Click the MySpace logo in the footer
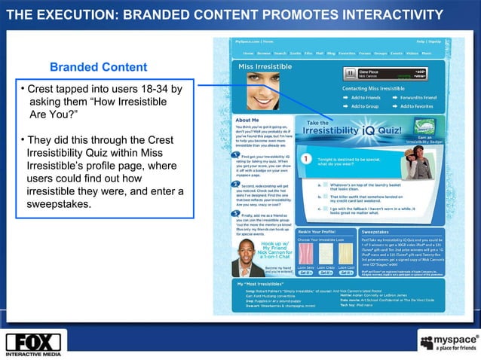[x=446, y=343]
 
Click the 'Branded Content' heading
[x=98, y=68]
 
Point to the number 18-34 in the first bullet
[x=163, y=90]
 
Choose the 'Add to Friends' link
[x=365, y=98]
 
